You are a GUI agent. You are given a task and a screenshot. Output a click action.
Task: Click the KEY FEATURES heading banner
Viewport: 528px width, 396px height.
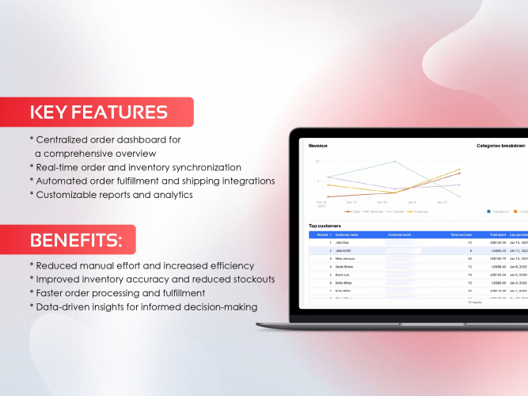click(x=98, y=112)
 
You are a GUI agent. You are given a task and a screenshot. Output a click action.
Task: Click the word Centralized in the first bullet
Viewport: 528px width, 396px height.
click(x=68, y=140)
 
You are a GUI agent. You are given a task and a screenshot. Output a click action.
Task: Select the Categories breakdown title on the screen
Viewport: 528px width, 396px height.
click(x=500, y=146)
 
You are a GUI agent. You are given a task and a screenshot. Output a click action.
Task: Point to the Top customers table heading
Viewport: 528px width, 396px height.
click(x=325, y=227)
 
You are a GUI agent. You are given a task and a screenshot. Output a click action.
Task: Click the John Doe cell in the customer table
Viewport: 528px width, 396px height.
click(x=342, y=242)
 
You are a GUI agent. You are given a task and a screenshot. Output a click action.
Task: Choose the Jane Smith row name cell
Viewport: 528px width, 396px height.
click(x=344, y=250)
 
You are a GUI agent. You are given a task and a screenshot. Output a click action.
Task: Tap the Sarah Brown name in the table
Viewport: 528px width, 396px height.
click(x=345, y=267)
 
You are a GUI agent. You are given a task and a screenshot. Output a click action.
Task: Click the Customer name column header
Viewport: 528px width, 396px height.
click(x=347, y=234)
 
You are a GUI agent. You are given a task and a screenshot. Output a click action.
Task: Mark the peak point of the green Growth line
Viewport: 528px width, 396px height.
click(x=395, y=162)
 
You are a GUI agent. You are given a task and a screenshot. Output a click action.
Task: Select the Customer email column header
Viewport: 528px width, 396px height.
click(x=400, y=234)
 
